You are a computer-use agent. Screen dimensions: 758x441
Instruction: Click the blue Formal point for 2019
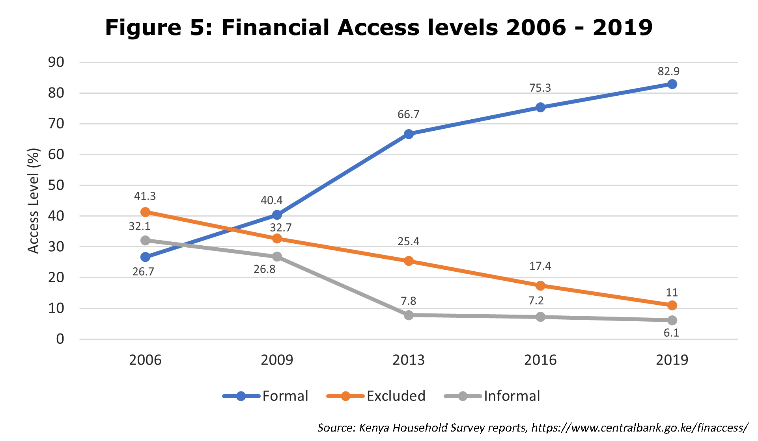point(672,84)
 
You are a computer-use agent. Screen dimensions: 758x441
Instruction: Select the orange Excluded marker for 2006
point(145,212)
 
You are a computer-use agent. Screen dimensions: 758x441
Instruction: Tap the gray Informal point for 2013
point(409,315)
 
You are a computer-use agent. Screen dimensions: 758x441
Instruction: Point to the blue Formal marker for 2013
point(409,134)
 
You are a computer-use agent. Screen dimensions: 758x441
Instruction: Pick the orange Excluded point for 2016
point(540,285)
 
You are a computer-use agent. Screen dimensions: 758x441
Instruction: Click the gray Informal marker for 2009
point(277,257)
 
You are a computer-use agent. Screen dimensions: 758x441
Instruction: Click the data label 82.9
point(668,71)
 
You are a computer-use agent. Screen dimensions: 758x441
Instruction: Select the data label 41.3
point(145,196)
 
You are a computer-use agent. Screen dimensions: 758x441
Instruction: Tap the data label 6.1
point(671,333)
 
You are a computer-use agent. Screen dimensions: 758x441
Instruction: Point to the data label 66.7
point(409,114)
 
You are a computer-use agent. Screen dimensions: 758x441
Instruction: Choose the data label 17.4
point(540,266)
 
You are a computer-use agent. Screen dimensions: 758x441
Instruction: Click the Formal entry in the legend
point(265,396)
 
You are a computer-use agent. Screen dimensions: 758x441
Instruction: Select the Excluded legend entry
point(376,396)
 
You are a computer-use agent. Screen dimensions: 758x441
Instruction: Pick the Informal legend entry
point(492,396)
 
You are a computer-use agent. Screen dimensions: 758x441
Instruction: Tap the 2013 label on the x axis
point(409,360)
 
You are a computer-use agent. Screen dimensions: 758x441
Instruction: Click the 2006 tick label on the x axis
point(145,360)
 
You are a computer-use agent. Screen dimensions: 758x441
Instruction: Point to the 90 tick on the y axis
point(56,62)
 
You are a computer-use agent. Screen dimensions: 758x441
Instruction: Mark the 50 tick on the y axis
point(56,185)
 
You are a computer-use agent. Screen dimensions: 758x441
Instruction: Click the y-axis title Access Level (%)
point(34,201)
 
